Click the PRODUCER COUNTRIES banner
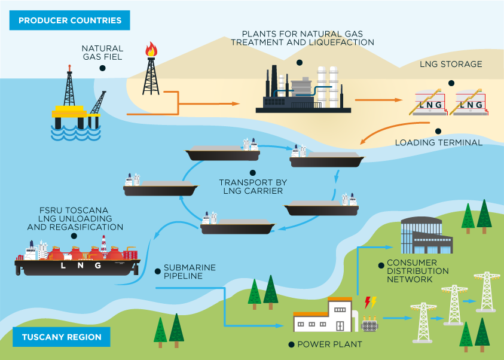coord(69,20)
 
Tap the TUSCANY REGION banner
coord(62,337)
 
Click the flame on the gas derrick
coord(151,49)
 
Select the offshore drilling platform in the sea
coord(77,108)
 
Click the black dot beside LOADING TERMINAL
coord(438,131)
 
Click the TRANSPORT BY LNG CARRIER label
coord(250,187)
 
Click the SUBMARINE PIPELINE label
coord(190,271)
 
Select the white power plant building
coord(323,315)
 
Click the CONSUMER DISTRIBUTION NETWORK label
coord(417,271)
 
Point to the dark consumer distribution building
coord(426,236)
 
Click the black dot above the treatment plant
coord(299,62)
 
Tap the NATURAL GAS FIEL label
coord(102,53)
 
